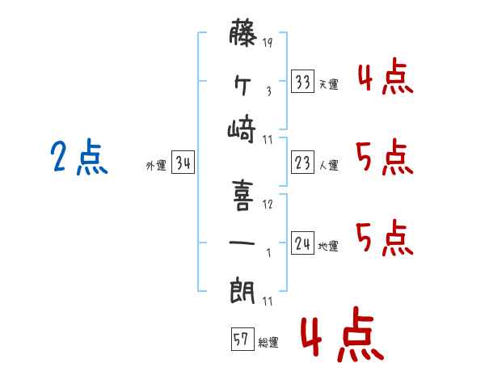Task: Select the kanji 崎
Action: (243, 129)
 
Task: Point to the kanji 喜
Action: (243, 194)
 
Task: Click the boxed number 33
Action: (303, 82)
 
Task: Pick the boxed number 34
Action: (183, 163)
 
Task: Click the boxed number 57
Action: (242, 340)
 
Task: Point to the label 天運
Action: (328, 84)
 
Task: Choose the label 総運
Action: (268, 343)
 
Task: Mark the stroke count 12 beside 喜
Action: (268, 204)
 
